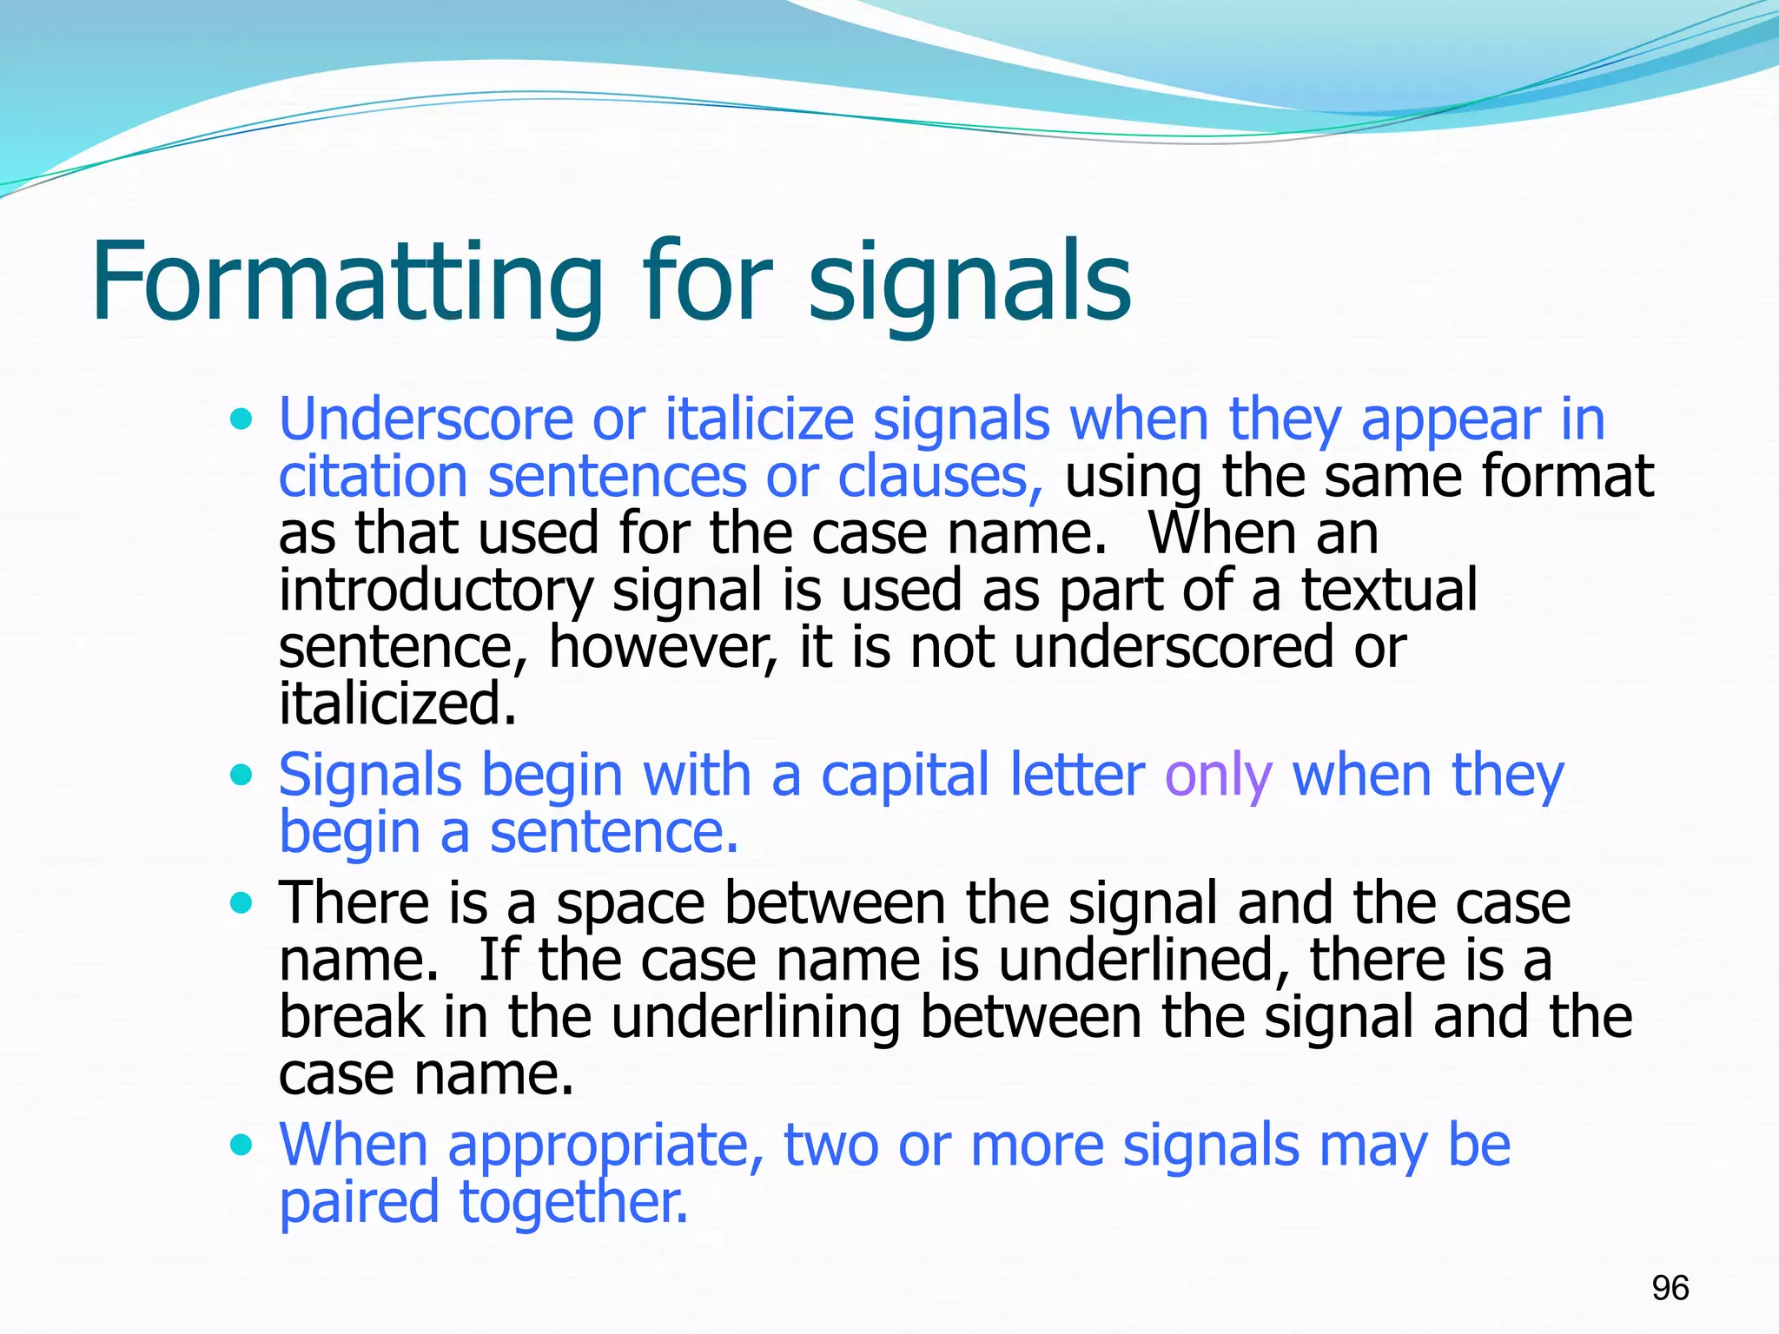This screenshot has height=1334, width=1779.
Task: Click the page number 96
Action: click(1670, 1288)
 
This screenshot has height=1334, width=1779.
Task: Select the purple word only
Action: click(1218, 776)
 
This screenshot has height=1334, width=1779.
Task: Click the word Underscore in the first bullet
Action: click(426, 419)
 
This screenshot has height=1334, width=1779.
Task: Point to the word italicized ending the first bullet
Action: click(397, 703)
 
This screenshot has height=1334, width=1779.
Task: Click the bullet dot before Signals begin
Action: click(241, 774)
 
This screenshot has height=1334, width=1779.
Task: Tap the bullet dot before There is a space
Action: click(241, 903)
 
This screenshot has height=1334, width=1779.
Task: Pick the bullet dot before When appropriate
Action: click(241, 1145)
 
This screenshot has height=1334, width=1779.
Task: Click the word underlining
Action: click(755, 1018)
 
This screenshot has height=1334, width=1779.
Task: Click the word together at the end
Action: click(573, 1204)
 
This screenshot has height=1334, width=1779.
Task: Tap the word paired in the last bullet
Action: click(359, 1204)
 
